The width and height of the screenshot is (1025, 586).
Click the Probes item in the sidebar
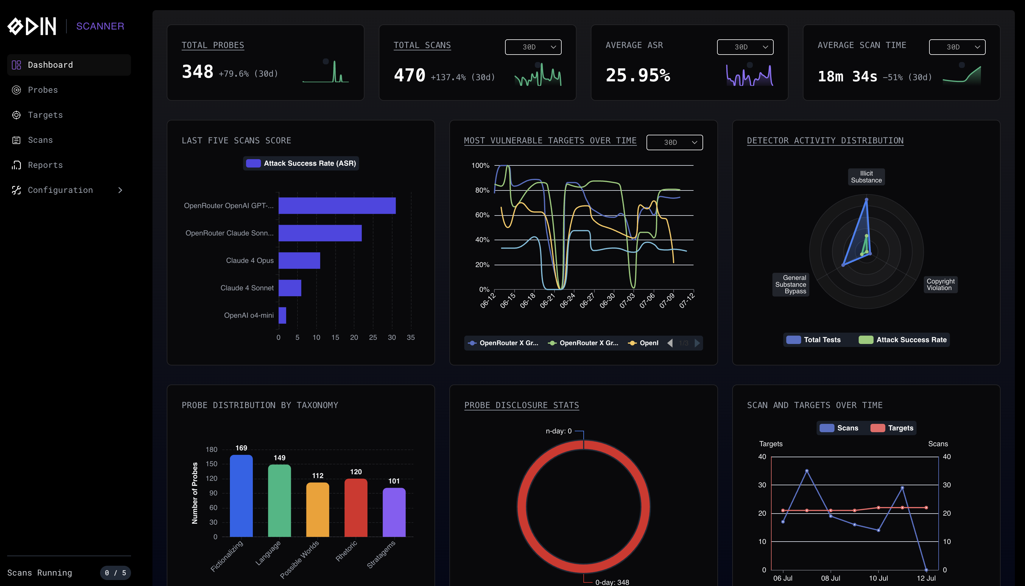pyautogui.click(x=43, y=90)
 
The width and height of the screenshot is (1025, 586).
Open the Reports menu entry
pyautogui.click(x=45, y=165)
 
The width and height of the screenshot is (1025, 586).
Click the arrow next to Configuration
pyautogui.click(x=120, y=190)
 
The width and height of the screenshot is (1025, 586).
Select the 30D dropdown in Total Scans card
pyautogui.click(x=533, y=47)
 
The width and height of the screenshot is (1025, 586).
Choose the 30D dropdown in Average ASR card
pyautogui.click(x=745, y=47)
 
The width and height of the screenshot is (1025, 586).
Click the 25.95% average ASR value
pyautogui.click(x=638, y=75)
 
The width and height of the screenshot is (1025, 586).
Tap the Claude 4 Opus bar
pyautogui.click(x=299, y=261)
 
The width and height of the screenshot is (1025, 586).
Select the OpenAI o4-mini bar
pyautogui.click(x=282, y=315)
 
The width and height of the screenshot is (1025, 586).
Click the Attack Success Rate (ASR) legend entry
pyautogui.click(x=301, y=163)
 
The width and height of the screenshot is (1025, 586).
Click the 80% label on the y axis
pyautogui.click(x=482, y=190)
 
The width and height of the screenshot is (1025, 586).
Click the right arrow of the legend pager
pyautogui.click(x=697, y=343)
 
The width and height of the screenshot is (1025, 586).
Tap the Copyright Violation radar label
pyautogui.click(x=940, y=284)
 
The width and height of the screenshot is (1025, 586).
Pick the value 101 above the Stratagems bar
pyautogui.click(x=394, y=481)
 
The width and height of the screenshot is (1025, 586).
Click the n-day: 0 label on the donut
pyautogui.click(x=559, y=431)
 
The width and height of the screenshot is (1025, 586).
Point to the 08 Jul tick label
pyautogui.click(x=830, y=578)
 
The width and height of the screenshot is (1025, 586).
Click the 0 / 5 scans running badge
pyautogui.click(x=116, y=573)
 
